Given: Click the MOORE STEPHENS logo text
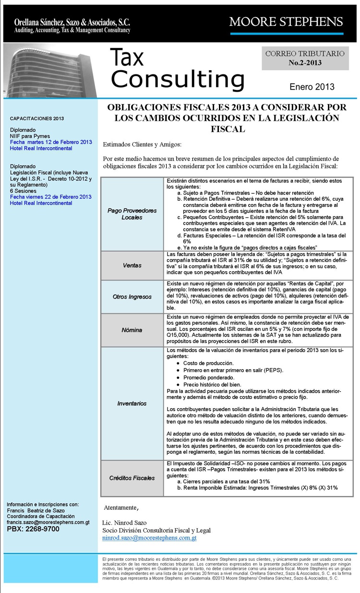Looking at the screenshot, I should click(x=286, y=22).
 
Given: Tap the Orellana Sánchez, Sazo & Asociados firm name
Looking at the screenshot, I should click(x=72, y=22).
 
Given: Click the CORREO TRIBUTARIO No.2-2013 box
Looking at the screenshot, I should click(x=305, y=58).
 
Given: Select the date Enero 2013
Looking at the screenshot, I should click(x=312, y=87).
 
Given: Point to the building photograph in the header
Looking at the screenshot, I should click(x=50, y=70).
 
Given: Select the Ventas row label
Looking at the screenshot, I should click(x=132, y=265).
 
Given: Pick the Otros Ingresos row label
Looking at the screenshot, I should click(x=132, y=297).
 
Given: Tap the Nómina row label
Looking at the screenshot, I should click(x=132, y=330).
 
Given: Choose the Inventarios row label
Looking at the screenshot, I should click(x=132, y=403).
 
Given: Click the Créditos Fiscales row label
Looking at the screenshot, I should click(x=132, y=478).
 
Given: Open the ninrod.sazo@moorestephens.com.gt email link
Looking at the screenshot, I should click(x=149, y=539).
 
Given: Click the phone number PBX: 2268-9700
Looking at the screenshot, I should click(x=33, y=529).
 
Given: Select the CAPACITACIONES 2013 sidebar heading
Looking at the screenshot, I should click(x=37, y=118).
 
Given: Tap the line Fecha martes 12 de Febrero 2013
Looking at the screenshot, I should click(x=51, y=142).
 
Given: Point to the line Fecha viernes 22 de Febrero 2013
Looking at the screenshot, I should click(x=51, y=197).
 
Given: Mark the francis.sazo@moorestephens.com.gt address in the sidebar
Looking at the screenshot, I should click(x=48, y=522).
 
